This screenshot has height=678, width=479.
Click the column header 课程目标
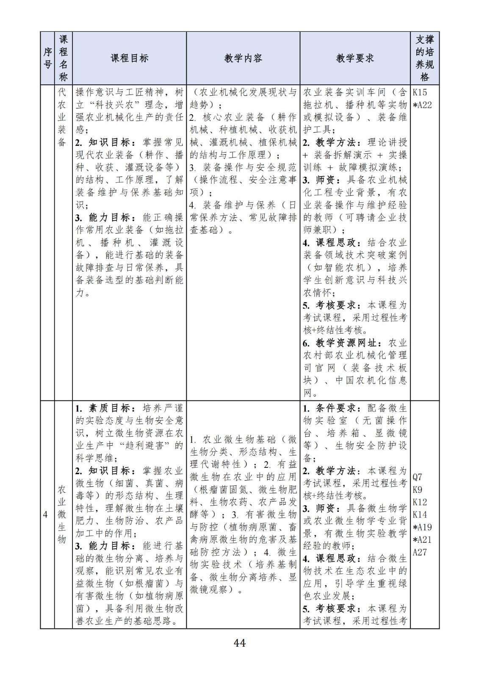point(129,58)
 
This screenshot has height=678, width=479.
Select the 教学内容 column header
point(243,58)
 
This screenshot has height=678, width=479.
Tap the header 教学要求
point(355,58)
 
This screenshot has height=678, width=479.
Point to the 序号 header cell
point(47,58)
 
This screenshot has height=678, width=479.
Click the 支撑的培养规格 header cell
point(424,58)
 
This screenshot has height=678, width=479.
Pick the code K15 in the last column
point(420,92)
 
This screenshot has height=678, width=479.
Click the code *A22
point(422,105)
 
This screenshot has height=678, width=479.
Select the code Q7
point(418,477)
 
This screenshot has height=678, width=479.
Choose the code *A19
point(422,527)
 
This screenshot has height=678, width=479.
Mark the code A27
point(420,552)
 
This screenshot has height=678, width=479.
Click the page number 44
point(239,643)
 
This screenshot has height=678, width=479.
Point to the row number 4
point(45,514)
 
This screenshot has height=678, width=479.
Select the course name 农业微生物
point(62,514)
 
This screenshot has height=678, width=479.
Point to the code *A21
point(422,539)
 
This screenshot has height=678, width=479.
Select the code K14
point(420,515)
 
